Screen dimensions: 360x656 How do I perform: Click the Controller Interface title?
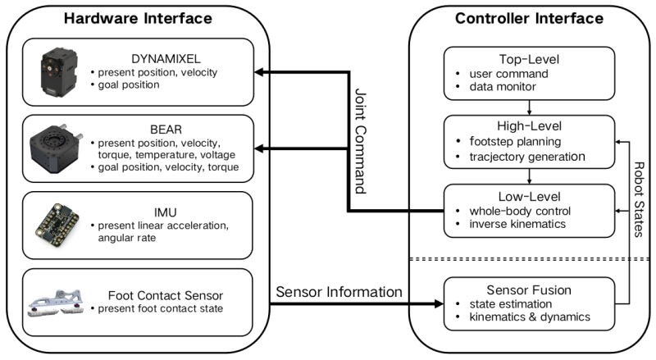pos(531,17)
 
